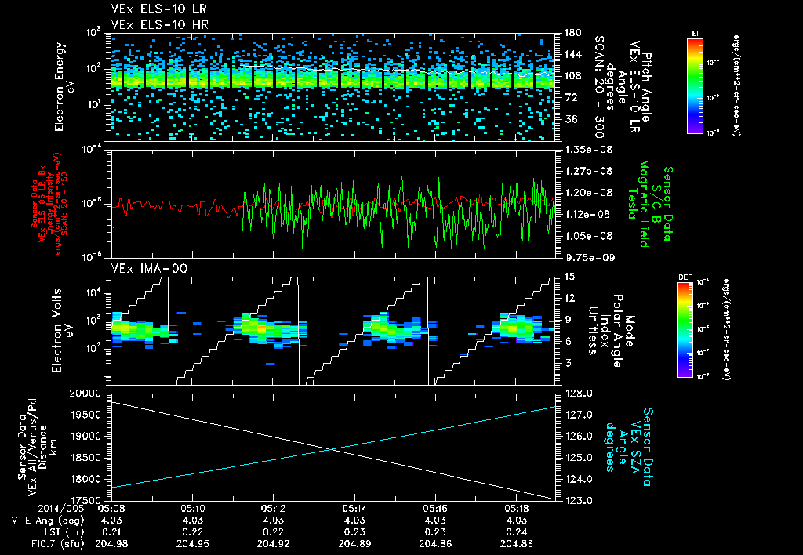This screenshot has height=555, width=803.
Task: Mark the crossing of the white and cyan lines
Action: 334,449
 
